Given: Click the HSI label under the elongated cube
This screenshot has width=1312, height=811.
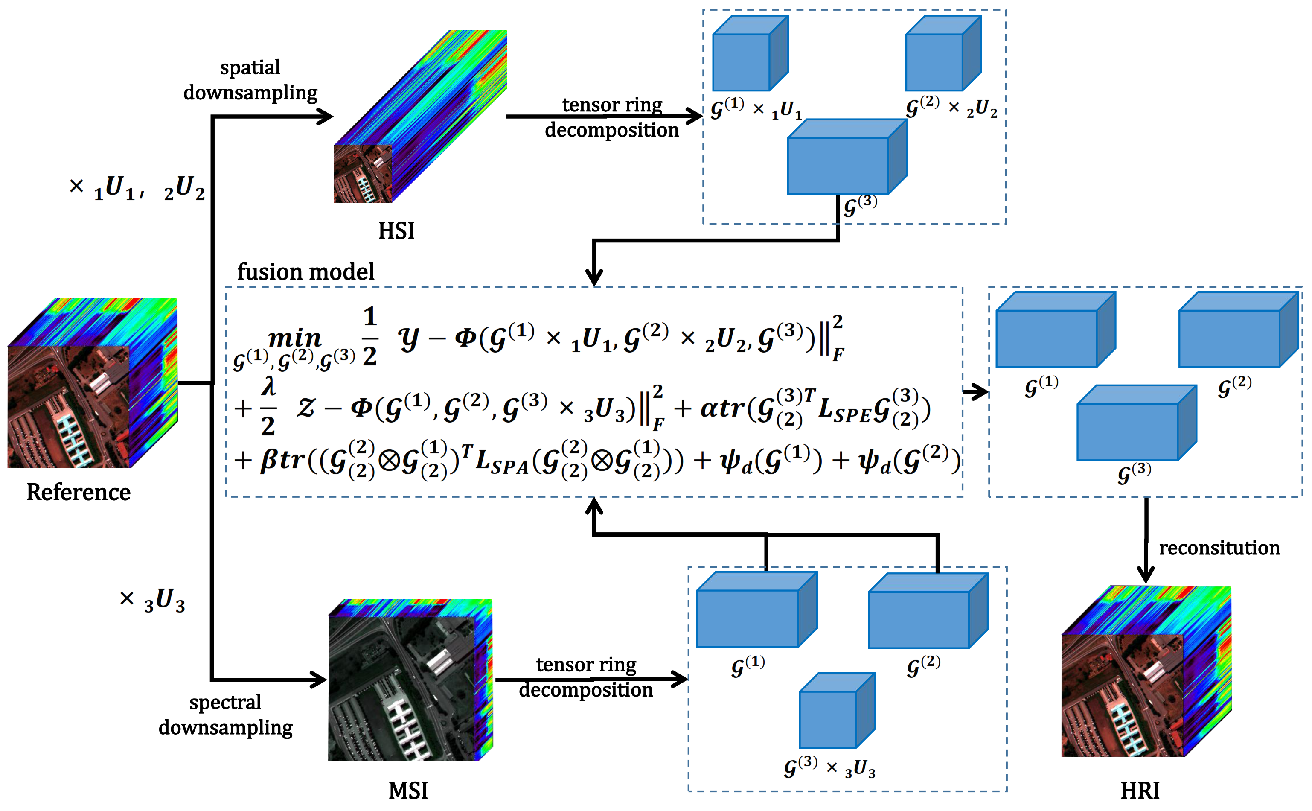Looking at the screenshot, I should (x=396, y=230).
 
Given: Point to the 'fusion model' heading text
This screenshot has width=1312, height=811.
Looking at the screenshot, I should (x=305, y=272).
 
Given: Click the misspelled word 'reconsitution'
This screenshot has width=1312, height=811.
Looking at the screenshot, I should (x=1219, y=548).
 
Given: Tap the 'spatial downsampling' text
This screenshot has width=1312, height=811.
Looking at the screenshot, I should (x=250, y=80).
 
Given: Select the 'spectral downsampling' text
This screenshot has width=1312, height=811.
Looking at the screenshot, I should (x=225, y=715).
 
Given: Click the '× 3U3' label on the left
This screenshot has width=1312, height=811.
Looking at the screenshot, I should (x=152, y=600).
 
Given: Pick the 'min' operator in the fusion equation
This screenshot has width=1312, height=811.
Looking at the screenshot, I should (x=294, y=338).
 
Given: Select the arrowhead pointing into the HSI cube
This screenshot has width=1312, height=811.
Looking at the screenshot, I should (x=326, y=117).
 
